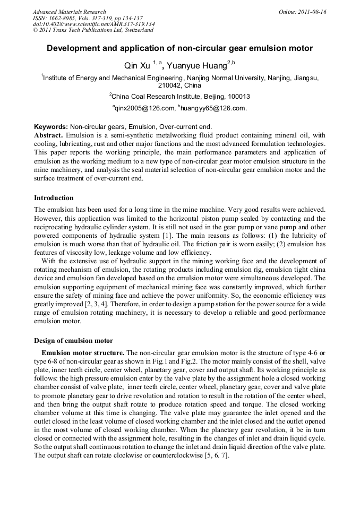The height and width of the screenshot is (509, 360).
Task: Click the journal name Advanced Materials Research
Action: pos(69,12)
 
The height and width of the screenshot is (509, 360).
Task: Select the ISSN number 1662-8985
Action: pos(60,18)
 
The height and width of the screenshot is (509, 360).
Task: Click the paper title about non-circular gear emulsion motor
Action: pos(179,48)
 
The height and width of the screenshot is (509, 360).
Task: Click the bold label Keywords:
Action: pos(51,127)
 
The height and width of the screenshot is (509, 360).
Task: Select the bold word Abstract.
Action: pos(48,135)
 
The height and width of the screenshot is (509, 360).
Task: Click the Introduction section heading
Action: pos(54,198)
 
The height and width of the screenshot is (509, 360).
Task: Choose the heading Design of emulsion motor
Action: pos(73,340)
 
